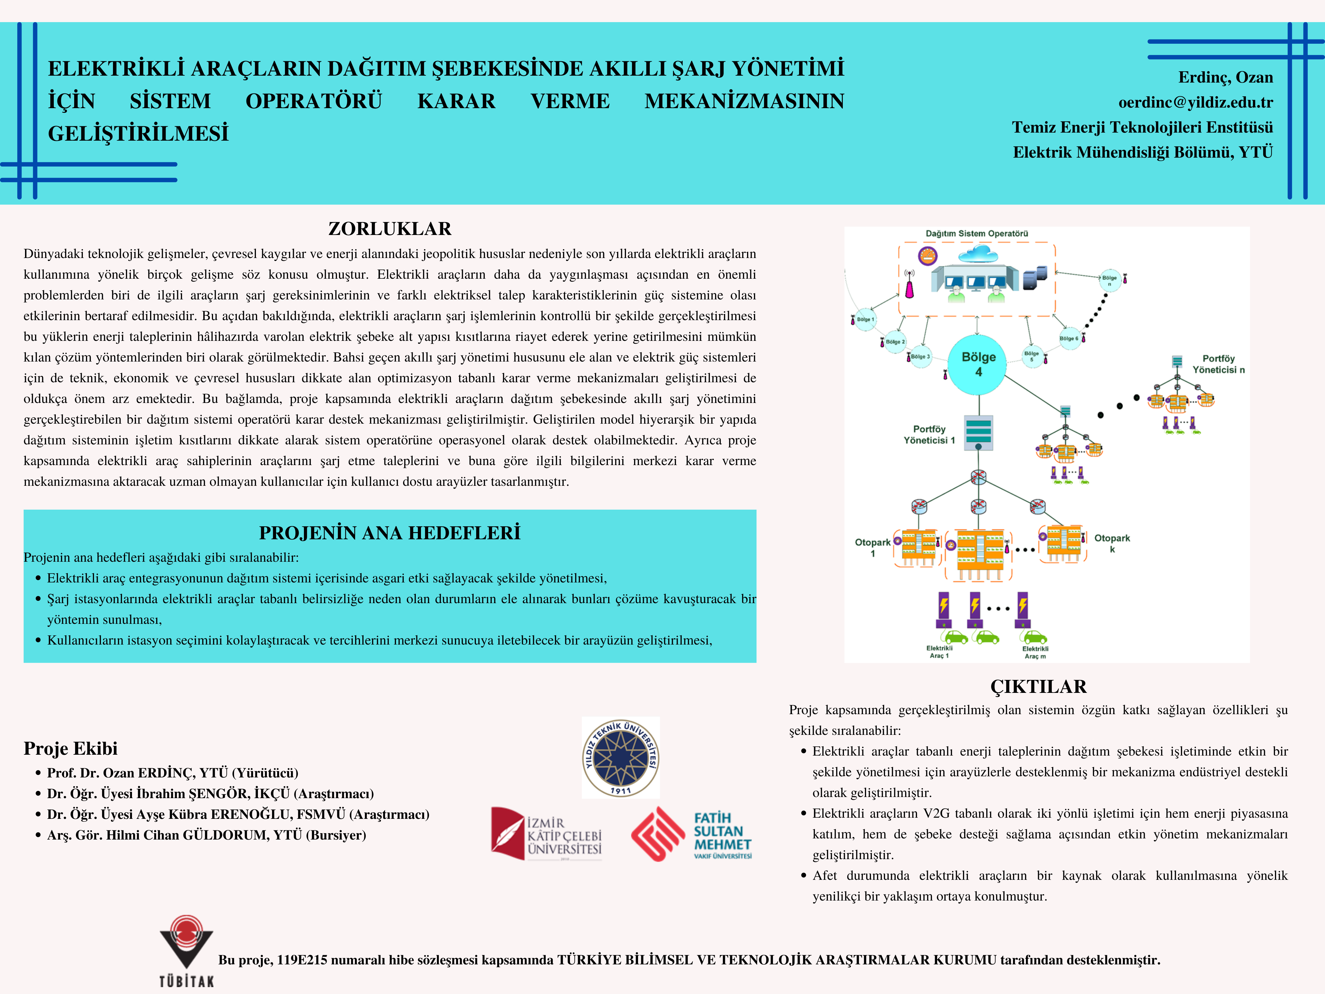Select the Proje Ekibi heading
click(x=71, y=748)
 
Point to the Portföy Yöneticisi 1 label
click(x=929, y=434)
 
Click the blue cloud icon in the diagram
click(x=978, y=254)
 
